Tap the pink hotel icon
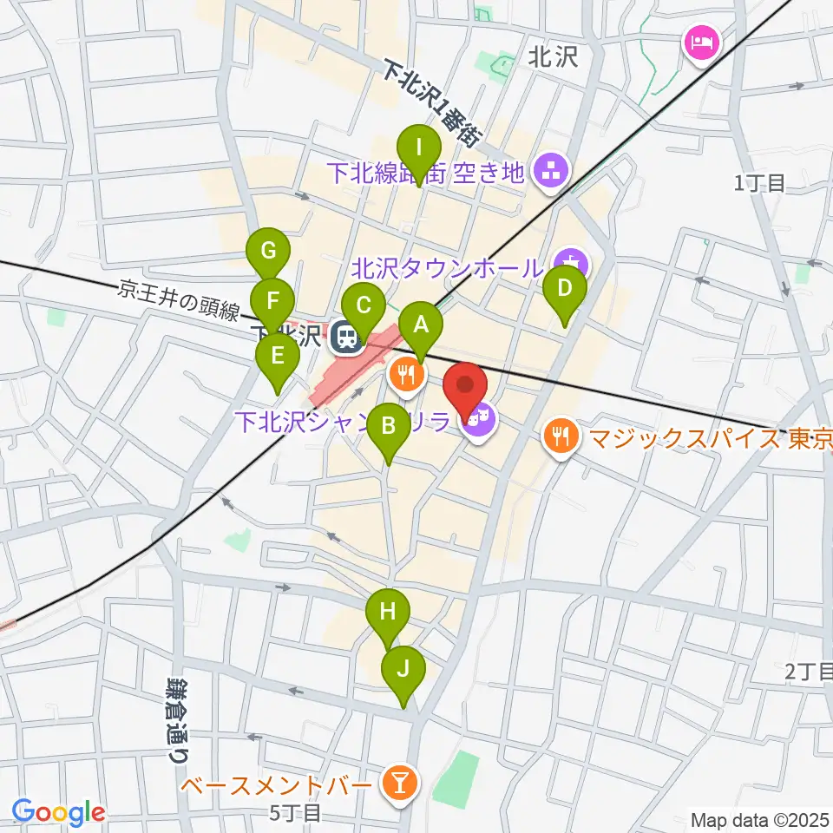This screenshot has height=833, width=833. [x=699, y=41]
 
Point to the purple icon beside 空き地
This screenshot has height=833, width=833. [x=550, y=170]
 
